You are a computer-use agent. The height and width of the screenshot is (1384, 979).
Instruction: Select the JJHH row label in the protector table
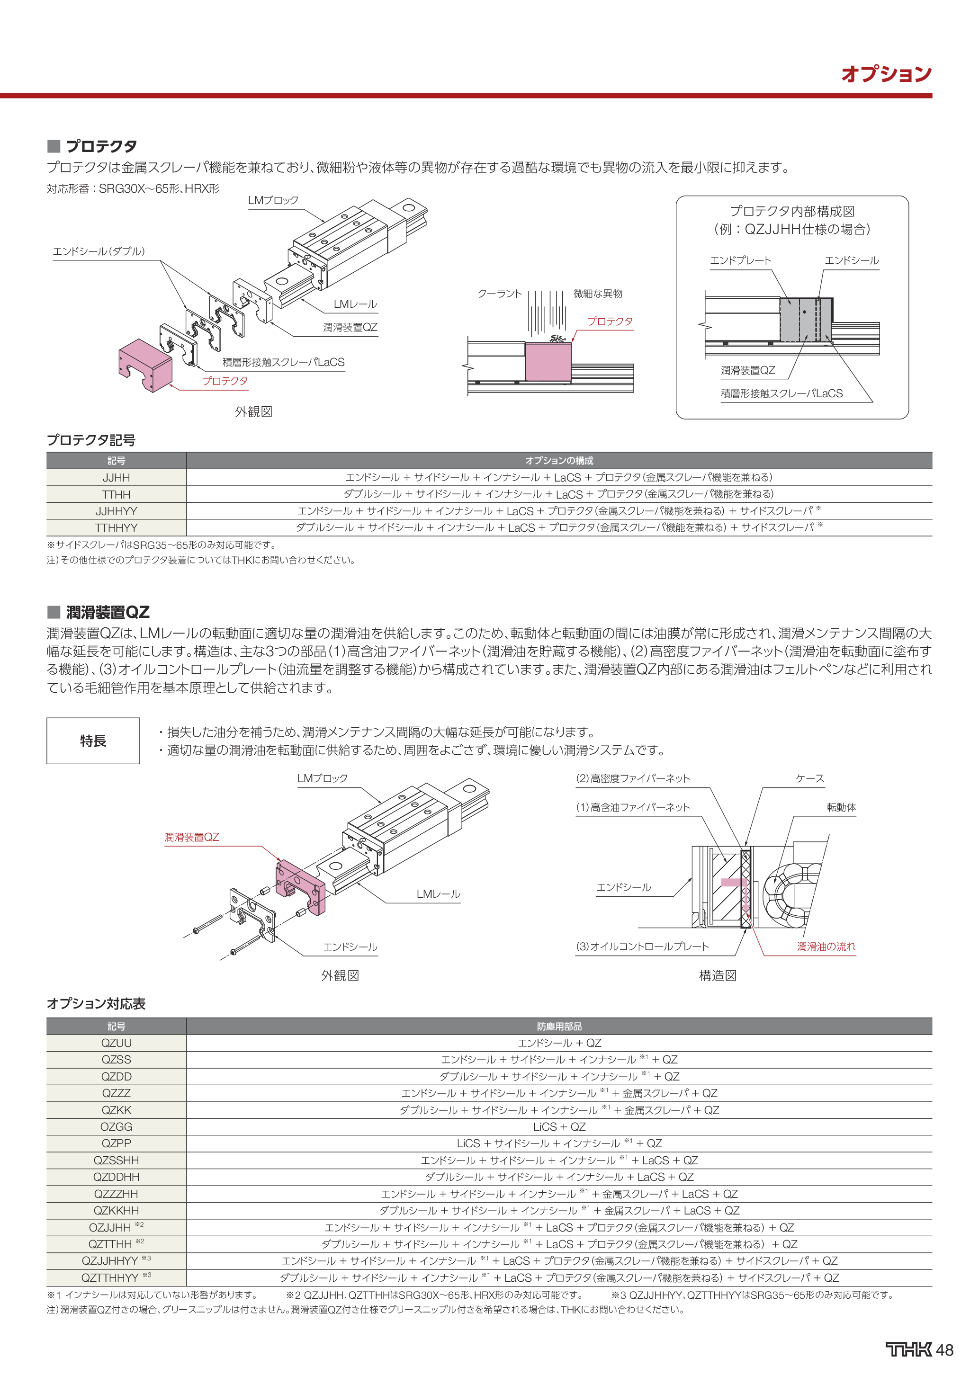point(117,477)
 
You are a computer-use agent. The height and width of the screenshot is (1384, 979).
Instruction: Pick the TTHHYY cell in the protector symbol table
point(117,527)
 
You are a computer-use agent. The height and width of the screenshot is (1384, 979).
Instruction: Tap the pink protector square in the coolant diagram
point(548,362)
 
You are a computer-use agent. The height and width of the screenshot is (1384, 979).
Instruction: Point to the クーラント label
point(499,294)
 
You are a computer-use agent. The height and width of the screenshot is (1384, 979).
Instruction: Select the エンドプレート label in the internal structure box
point(740,260)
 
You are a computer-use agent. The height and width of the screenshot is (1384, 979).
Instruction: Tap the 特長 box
point(93,741)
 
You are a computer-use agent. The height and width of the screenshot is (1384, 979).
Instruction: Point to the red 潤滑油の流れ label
point(826,946)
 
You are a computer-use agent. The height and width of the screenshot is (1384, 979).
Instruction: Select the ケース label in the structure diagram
point(809,778)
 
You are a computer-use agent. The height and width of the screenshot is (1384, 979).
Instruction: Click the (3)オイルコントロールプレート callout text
point(643,946)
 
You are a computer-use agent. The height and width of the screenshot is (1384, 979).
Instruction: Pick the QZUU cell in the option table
point(117,1043)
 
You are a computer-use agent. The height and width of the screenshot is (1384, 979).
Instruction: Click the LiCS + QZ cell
point(559,1126)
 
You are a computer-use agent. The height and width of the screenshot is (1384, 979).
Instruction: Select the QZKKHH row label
point(117,1210)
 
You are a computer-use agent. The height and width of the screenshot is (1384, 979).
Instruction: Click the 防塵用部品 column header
point(559,1026)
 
